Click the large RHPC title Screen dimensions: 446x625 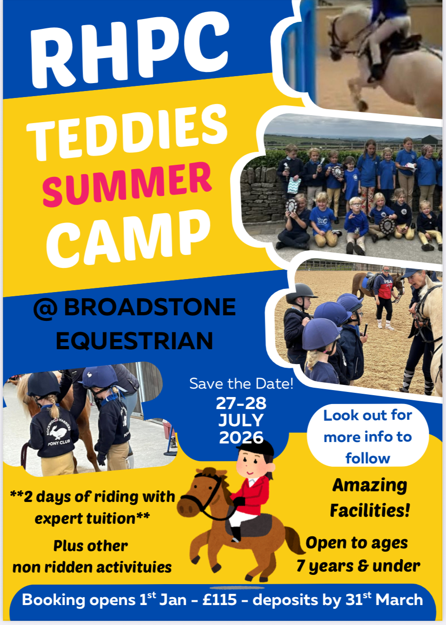pyautogui.click(x=130, y=50)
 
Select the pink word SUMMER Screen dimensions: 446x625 pyautogui.click(x=127, y=183)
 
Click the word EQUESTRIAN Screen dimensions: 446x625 pyautogui.click(x=135, y=340)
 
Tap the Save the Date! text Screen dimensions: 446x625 pyautogui.click(x=242, y=384)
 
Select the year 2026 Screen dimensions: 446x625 pyautogui.click(x=241, y=437)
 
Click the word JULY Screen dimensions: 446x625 pyautogui.click(x=241, y=420)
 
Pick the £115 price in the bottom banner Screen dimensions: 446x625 pyautogui.click(x=220, y=599)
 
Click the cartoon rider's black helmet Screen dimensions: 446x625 pyautogui.click(x=256, y=448)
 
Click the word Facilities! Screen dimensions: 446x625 pyautogui.click(x=370, y=511)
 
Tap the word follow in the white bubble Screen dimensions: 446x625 pyautogui.click(x=367, y=458)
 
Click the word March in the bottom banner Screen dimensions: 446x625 pyautogui.click(x=399, y=599)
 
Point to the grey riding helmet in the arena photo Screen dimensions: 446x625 pyautogui.click(x=301, y=294)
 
